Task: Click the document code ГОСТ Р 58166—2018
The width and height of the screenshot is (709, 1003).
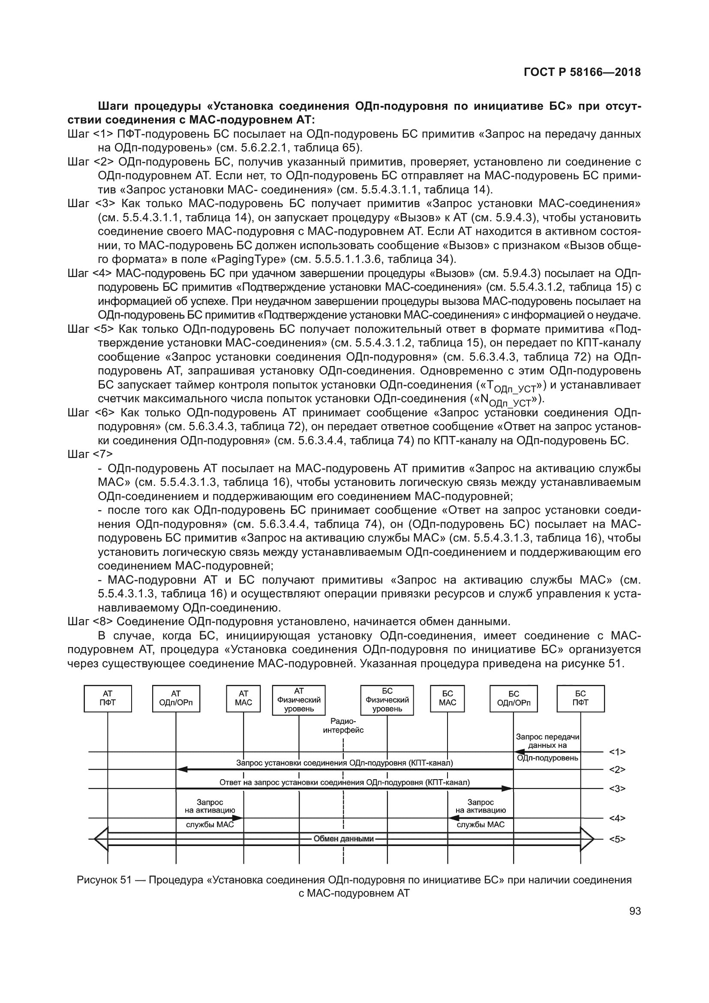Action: pos(582,72)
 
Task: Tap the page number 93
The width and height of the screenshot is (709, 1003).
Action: pos(635,911)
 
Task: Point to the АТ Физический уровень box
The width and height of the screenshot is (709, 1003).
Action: pos(299,700)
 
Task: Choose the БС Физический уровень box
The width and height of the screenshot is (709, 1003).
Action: pos(387,700)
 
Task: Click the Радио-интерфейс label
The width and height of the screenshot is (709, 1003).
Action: pos(343,725)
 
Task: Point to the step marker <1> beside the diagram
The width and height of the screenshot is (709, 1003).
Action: pos(617,752)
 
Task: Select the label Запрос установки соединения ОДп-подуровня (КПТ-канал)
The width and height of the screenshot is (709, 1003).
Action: pos(345,763)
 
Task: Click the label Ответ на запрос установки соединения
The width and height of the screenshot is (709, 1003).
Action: pos(345,783)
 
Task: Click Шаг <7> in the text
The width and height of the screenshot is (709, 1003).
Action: pos(90,454)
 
